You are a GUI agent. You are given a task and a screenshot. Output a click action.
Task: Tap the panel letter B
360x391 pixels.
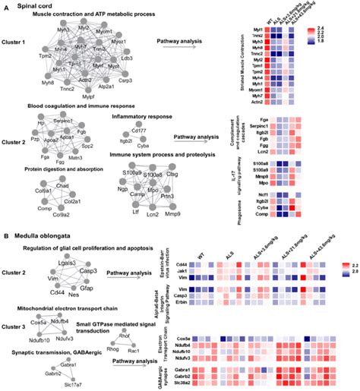[6, 235]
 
